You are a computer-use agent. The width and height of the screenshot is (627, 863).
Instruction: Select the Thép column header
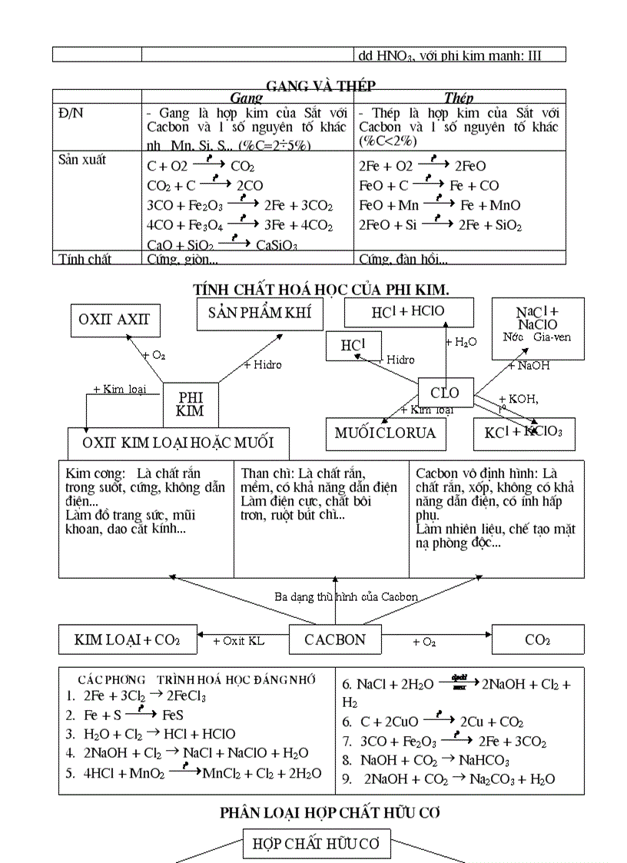pyautogui.click(x=459, y=98)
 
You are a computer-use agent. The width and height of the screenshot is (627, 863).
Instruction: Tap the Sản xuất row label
pyautogui.click(x=83, y=160)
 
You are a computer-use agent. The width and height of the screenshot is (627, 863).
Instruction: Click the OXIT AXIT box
pyautogui.click(x=114, y=320)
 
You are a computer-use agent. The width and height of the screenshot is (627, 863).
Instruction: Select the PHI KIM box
pyautogui.click(x=190, y=404)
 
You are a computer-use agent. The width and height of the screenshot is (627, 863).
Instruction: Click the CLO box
pyautogui.click(x=445, y=393)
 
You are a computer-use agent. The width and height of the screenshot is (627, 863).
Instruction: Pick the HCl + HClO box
pyautogui.click(x=408, y=312)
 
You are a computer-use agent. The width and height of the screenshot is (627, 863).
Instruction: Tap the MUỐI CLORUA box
pyautogui.click(x=385, y=433)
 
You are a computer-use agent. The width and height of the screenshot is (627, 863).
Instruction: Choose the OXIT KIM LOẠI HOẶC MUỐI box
pyautogui.click(x=177, y=443)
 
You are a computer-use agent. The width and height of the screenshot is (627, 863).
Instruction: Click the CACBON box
pyautogui.click(x=335, y=639)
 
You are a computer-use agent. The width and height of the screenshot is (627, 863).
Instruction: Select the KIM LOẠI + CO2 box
pyautogui.click(x=127, y=639)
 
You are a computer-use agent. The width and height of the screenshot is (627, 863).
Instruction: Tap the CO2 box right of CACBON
pyautogui.click(x=537, y=639)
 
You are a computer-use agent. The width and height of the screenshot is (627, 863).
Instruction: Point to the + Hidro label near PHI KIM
pyautogui.click(x=263, y=364)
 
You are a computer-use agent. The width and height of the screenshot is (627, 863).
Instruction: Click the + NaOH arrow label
pyautogui.click(x=529, y=366)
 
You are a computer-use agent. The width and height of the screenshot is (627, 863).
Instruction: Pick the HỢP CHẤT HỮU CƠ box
pyautogui.click(x=316, y=844)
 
